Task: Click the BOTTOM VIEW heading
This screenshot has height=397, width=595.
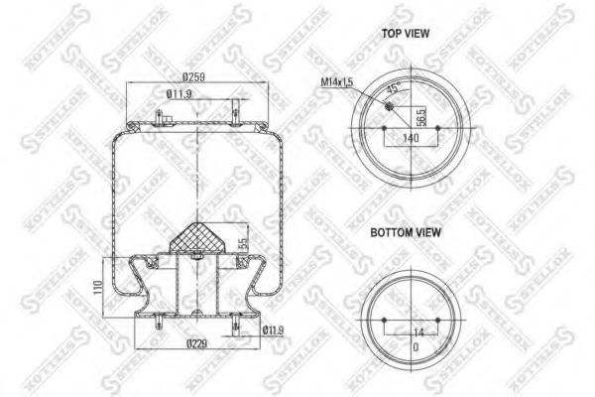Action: [407, 234]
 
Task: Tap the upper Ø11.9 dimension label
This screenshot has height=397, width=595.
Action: [179, 95]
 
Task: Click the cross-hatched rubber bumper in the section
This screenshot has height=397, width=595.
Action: [198, 238]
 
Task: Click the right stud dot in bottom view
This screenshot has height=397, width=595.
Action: [434, 319]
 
